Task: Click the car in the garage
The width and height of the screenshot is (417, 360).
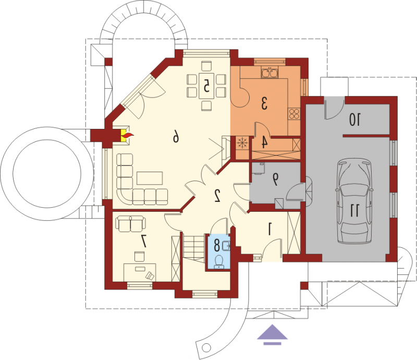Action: [x=354, y=201]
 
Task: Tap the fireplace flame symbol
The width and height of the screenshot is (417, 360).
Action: [x=127, y=136]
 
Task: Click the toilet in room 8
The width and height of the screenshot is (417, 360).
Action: [x=219, y=261]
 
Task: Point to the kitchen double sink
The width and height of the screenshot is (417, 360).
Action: [x=269, y=73]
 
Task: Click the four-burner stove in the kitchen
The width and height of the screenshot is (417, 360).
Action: [x=294, y=114]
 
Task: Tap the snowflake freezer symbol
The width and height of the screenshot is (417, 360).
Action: [x=242, y=143]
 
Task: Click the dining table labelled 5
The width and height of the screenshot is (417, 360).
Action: [x=206, y=86]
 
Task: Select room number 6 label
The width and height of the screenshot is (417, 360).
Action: [x=176, y=138]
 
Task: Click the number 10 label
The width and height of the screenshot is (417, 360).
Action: [x=355, y=119]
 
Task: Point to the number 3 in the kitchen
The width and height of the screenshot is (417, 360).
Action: [x=264, y=103]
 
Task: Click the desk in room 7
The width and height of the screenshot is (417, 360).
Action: [x=140, y=272]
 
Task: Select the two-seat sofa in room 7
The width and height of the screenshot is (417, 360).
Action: [x=131, y=224]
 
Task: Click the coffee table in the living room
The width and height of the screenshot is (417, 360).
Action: [x=150, y=178]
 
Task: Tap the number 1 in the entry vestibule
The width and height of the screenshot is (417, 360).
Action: [x=269, y=230]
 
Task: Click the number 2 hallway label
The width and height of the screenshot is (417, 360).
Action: [x=217, y=196]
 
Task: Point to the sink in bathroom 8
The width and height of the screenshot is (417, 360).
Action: [x=226, y=246]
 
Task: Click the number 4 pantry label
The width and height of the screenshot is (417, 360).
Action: [x=264, y=142]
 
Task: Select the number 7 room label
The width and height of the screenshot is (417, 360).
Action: [x=144, y=241]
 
